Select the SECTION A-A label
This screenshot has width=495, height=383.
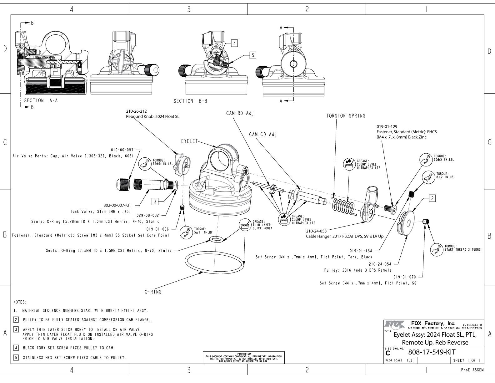pyautogui.click(x=41, y=100)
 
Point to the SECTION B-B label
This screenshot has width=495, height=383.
pyautogui.click(x=190, y=101)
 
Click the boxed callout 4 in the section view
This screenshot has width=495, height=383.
pyautogui.click(x=234, y=43)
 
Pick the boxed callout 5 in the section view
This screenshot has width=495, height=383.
pyautogui.click(x=253, y=55)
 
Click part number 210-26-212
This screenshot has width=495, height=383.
pyautogui.click(x=136, y=111)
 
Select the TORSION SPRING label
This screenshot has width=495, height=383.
pyautogui.click(x=346, y=116)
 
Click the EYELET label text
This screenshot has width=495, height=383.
pyautogui.click(x=190, y=141)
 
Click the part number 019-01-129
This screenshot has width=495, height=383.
pyautogui.click(x=387, y=127)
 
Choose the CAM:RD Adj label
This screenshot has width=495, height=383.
pyautogui.click(x=240, y=113)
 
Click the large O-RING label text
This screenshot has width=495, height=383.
pyautogui.click(x=153, y=292)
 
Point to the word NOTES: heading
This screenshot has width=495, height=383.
pyautogui.click(x=20, y=302)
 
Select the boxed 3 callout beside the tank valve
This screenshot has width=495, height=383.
pyautogui.click(x=155, y=201)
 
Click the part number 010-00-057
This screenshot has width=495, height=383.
pyautogui.click(x=122, y=150)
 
